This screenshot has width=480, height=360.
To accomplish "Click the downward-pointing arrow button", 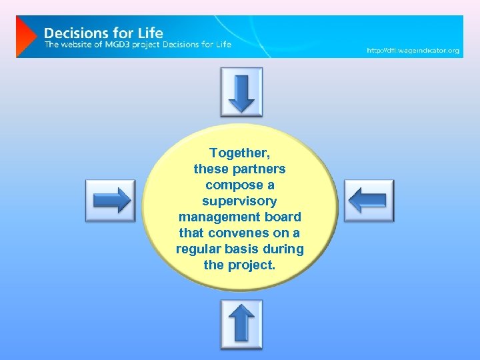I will (x=241, y=93).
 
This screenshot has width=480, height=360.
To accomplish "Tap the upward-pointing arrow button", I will (x=241, y=325).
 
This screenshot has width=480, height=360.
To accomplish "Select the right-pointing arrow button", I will (x=111, y=201).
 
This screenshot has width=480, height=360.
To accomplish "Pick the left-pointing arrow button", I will (x=369, y=201).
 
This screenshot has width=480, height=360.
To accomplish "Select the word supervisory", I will (x=239, y=201).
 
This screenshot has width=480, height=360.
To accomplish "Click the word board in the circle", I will (x=284, y=217).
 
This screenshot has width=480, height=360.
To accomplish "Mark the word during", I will (x=285, y=249).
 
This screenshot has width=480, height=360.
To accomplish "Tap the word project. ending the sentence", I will (x=251, y=265).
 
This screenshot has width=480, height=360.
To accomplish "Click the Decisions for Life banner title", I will (x=103, y=32).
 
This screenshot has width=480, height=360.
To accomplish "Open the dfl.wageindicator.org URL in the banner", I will (x=413, y=51).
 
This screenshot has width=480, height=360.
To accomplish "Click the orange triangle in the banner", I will (x=25, y=37).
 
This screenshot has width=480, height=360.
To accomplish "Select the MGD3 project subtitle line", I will (x=137, y=45).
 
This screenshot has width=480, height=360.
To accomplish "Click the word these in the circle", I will (x=209, y=169).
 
